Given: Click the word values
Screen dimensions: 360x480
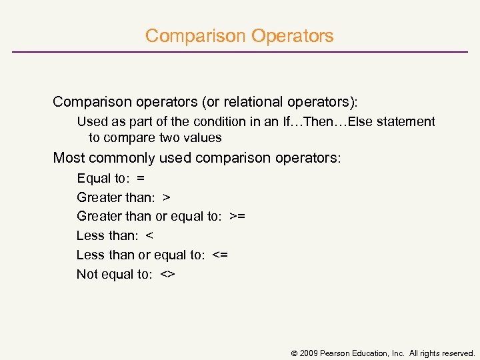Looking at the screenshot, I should (x=203, y=138).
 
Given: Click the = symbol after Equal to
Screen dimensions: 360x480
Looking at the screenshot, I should (x=140, y=178).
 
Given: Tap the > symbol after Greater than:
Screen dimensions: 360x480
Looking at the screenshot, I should (x=167, y=197).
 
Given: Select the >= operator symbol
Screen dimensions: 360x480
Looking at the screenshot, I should (x=237, y=216).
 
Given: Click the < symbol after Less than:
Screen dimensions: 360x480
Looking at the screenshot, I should (x=149, y=235).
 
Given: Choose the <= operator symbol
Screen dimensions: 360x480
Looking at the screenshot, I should (x=220, y=255).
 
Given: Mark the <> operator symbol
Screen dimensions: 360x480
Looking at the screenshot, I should (x=167, y=274).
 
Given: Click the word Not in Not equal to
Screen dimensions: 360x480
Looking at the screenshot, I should (x=86, y=274).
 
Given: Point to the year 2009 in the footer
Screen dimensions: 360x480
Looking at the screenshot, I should (x=309, y=353).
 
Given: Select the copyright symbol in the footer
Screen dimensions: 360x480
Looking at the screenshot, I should (x=294, y=353).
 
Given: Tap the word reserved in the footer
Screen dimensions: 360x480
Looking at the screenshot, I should (x=457, y=353).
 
